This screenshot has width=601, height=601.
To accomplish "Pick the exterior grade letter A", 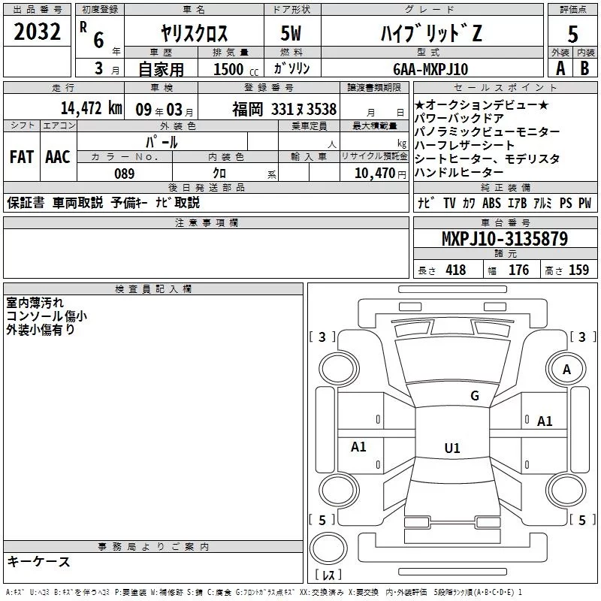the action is pos(560,68).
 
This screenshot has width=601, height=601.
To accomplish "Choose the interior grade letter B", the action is pos(585,68).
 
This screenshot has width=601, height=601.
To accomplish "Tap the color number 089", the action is pos(124,174).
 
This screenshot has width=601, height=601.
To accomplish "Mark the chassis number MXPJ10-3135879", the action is pos(505,240).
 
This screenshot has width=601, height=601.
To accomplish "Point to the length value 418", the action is pos(455,270).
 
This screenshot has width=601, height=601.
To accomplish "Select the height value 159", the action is pos(578,270).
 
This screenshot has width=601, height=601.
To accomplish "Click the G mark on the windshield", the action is pos(474,395).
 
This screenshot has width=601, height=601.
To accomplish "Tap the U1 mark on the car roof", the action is pos(452,448).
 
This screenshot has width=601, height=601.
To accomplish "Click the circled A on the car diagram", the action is pos(567,370).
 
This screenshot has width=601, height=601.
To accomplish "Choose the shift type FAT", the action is pos(22,157).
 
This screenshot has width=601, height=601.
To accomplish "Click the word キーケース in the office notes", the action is pos(38,562).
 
